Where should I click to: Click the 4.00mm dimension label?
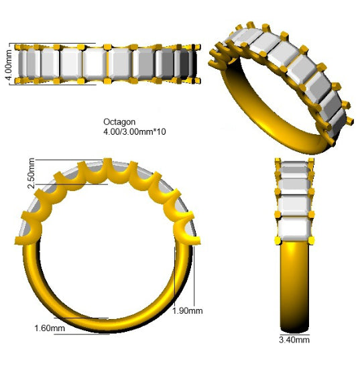point(9,65)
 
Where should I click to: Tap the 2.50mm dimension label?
point(31,173)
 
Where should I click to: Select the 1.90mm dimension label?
point(188,310)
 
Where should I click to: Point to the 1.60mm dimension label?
point(50,328)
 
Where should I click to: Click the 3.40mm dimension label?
point(294,340)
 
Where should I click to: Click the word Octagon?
point(119,122)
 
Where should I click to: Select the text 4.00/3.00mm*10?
point(135,131)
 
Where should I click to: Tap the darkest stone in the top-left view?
point(184,64)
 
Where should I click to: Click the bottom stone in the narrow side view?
point(294,229)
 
